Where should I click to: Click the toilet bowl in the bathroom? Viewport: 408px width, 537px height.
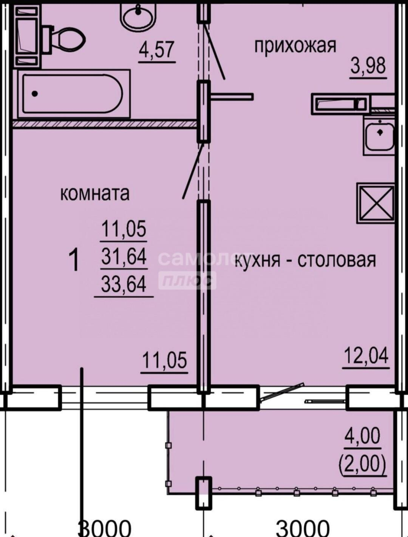(64, 39)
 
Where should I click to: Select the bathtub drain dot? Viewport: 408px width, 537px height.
(35, 94)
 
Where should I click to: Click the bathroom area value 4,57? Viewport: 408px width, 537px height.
(157, 50)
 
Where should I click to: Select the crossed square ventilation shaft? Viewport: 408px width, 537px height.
(376, 204)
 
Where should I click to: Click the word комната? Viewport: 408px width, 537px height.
(95, 194)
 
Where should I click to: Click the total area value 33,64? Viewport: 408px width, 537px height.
(124, 284)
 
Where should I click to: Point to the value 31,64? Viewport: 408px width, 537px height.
(124, 256)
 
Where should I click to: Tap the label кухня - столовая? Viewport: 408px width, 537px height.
(305, 260)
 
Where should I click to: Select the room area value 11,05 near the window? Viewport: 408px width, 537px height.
(164, 361)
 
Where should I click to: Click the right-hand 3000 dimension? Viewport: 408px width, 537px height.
(302, 528)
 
